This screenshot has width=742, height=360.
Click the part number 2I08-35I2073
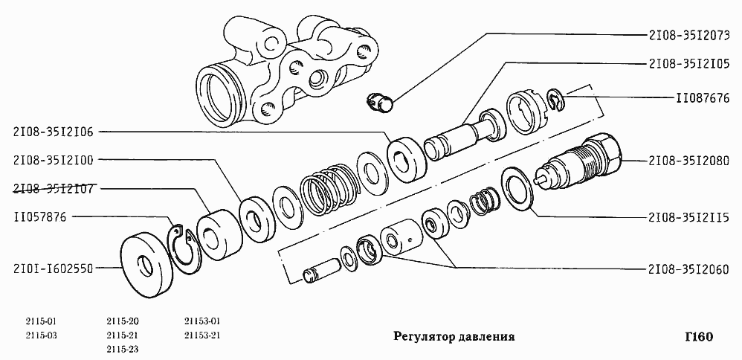coord(688,34)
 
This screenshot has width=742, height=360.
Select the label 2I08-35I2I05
coord(688,63)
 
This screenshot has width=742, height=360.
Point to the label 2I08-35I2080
coord(688,160)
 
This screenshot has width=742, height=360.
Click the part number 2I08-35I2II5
coord(688,217)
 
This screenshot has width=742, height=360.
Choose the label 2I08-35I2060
coord(688,269)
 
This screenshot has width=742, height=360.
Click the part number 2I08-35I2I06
coord(53,132)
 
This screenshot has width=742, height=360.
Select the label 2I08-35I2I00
coord(53,160)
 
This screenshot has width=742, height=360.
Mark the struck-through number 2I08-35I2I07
coord(53,188)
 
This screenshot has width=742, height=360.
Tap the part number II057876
coord(41,217)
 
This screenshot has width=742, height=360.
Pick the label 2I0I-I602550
coord(53,269)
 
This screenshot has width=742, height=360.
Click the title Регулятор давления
coord(454,336)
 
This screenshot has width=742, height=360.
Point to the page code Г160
coord(698,336)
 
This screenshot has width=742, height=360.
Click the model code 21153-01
coord(202,321)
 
